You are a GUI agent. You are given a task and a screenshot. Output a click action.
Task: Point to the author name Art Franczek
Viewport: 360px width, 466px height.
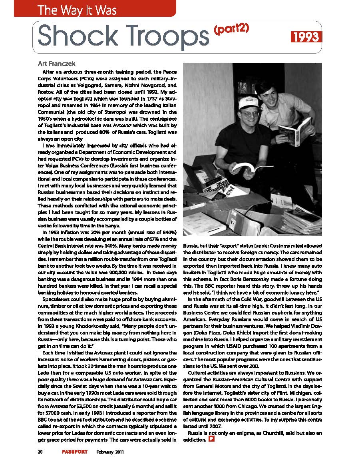pos(57,63)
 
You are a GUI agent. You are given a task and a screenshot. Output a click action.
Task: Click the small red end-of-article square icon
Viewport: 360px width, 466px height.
pos(212,440)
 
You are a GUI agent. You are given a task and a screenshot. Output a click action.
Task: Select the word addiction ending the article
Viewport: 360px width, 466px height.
pos(195,440)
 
